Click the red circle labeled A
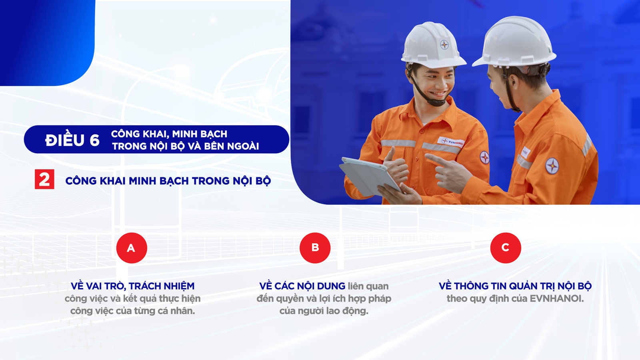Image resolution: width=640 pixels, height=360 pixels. tap(132, 248)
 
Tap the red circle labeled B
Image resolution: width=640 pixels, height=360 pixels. tap(315, 248)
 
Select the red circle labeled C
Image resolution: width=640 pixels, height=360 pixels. tap(506, 248)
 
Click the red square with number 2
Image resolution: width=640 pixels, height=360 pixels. tap(44, 179)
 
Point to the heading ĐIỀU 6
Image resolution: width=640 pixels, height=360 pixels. tap(72, 140)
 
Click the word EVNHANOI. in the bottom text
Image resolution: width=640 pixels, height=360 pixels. tap(557, 298)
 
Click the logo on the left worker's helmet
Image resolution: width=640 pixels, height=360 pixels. tap(444, 45)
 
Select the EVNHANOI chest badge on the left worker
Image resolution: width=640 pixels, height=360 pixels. tap(450, 142)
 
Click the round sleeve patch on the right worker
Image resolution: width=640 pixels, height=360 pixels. tap(552, 166)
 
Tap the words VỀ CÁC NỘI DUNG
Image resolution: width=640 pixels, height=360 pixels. tap(302, 286)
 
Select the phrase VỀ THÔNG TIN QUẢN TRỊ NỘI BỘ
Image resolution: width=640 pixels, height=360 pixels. tap(515, 286)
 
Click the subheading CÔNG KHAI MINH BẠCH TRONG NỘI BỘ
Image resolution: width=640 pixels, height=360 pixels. tap(168, 181)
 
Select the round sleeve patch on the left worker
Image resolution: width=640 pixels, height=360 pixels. tap(484, 157)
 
